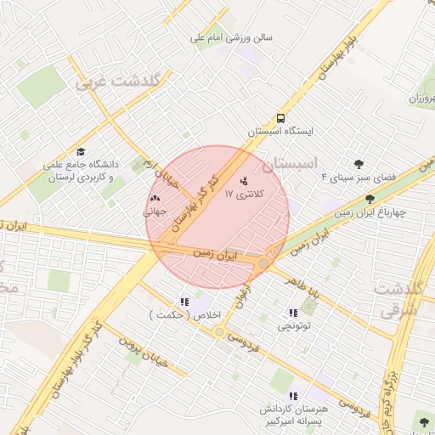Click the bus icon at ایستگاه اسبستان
(280, 119)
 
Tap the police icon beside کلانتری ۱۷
(245, 181)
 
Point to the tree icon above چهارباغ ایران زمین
(369, 200)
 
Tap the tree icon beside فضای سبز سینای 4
(359, 164)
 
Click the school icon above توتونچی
(294, 313)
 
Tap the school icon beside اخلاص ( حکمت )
(184, 302)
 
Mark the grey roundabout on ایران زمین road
(264, 265)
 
